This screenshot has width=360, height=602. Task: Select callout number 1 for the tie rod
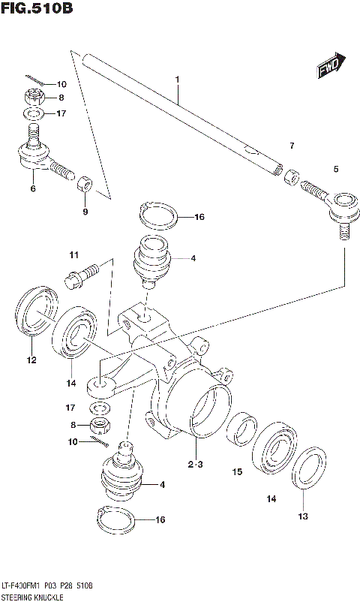click(x=178, y=79)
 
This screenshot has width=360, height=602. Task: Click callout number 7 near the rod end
click(x=292, y=146)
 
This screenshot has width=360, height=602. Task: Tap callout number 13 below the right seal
click(x=303, y=516)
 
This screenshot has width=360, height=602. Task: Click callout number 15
click(x=237, y=472)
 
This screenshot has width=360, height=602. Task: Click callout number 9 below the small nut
click(x=85, y=212)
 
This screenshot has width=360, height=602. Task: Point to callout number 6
click(x=32, y=188)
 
